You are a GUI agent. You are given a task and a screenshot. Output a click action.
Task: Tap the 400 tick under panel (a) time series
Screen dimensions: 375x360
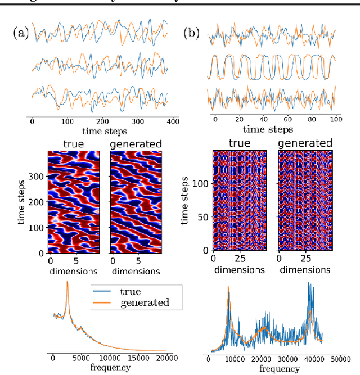click(173, 121)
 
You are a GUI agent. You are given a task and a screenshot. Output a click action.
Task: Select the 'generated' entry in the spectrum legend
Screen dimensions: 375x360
click(145, 302)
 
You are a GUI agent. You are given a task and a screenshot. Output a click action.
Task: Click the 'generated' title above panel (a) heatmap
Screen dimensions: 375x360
click(135, 144)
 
